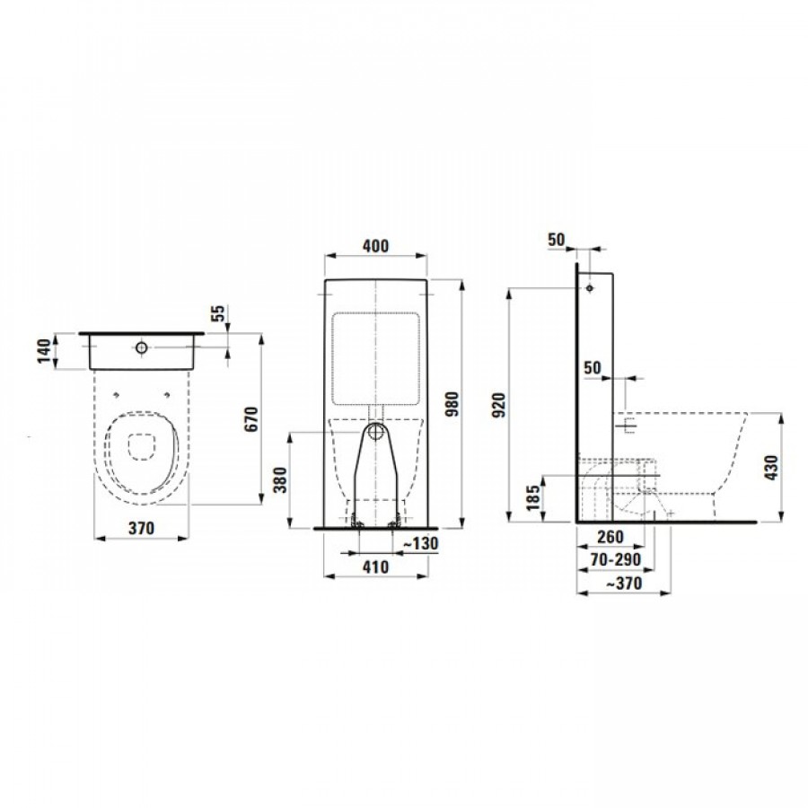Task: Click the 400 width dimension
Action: (375, 246)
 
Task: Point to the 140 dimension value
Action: (46, 351)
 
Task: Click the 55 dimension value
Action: (218, 314)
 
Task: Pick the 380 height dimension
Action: (280, 479)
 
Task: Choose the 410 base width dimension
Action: (375, 567)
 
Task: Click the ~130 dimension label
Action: (421, 543)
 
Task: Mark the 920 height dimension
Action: (499, 405)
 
